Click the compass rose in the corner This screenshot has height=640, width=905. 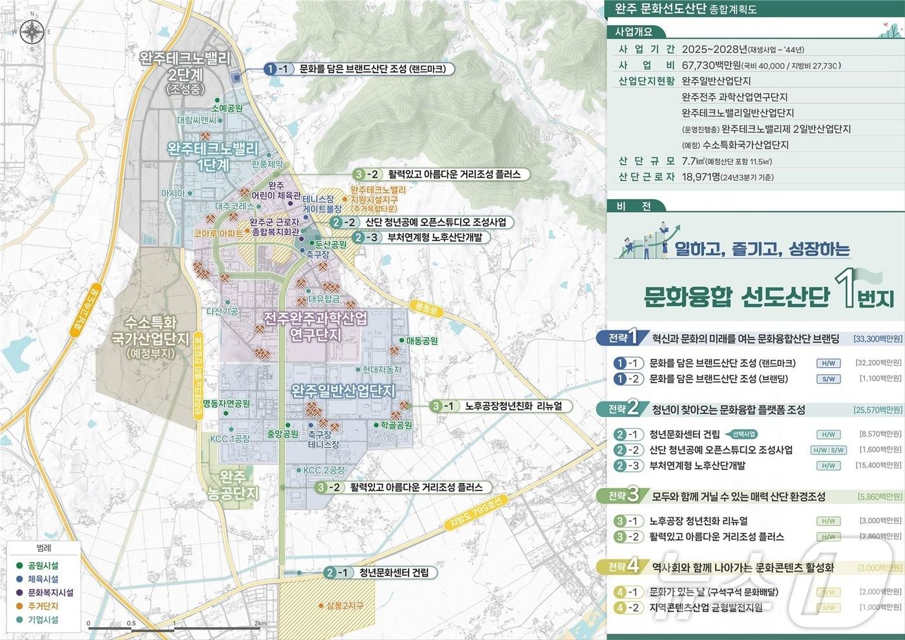coord(32,31)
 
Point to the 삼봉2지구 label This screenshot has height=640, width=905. coord(345,606)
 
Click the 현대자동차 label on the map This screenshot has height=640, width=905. coord(381,370)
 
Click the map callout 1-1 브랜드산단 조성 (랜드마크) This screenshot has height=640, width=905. coord(360,69)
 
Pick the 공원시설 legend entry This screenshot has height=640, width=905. coord(43,566)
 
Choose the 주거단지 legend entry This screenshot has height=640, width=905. coord(43,606)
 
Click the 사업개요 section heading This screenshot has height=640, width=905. coord(634,32)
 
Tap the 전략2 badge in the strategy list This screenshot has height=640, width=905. coord(623,409)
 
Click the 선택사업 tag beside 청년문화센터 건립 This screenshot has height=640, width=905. coord(742,434)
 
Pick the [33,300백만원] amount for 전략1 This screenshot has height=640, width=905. coord(877,339)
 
